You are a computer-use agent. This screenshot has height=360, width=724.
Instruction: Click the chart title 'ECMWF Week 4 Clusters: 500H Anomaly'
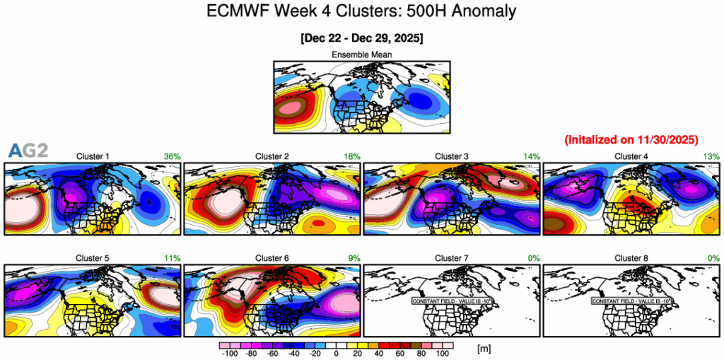click(361, 11)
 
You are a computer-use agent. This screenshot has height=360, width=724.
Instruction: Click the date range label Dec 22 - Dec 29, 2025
click(361, 37)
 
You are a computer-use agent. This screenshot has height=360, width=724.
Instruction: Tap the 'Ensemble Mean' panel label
click(361, 54)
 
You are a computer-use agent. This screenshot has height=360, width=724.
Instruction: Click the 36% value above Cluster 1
click(172, 156)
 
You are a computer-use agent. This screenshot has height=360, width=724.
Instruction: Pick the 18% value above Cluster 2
click(351, 156)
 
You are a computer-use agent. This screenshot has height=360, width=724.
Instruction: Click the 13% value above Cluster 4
click(711, 156)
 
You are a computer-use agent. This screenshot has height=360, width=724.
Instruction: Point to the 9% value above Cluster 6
click(354, 258)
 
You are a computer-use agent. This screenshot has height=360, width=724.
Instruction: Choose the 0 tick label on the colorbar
click(337, 352)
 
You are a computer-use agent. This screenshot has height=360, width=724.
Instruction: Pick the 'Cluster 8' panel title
click(631, 258)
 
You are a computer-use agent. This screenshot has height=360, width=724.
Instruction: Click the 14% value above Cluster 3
click(531, 156)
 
